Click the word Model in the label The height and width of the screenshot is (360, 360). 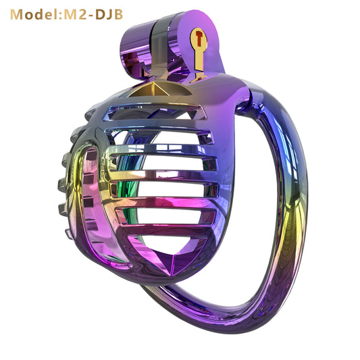34,14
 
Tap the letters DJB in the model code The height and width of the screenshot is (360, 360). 109,14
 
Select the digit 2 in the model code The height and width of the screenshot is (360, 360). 82,14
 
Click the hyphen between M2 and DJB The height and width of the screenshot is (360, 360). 91,16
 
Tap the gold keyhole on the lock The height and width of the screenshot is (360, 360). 199,51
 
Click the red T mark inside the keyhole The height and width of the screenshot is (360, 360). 199,38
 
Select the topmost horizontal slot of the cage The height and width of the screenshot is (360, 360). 151,113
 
